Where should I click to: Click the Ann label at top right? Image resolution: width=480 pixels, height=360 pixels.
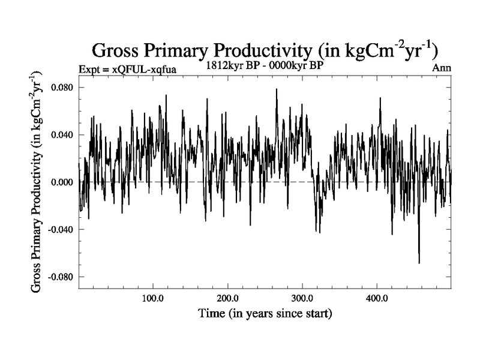point(441,68)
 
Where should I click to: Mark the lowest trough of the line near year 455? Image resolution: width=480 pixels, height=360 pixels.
point(419,263)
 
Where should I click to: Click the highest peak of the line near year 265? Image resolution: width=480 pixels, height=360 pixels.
point(277,89)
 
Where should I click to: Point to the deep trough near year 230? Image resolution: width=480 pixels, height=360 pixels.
point(250,224)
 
